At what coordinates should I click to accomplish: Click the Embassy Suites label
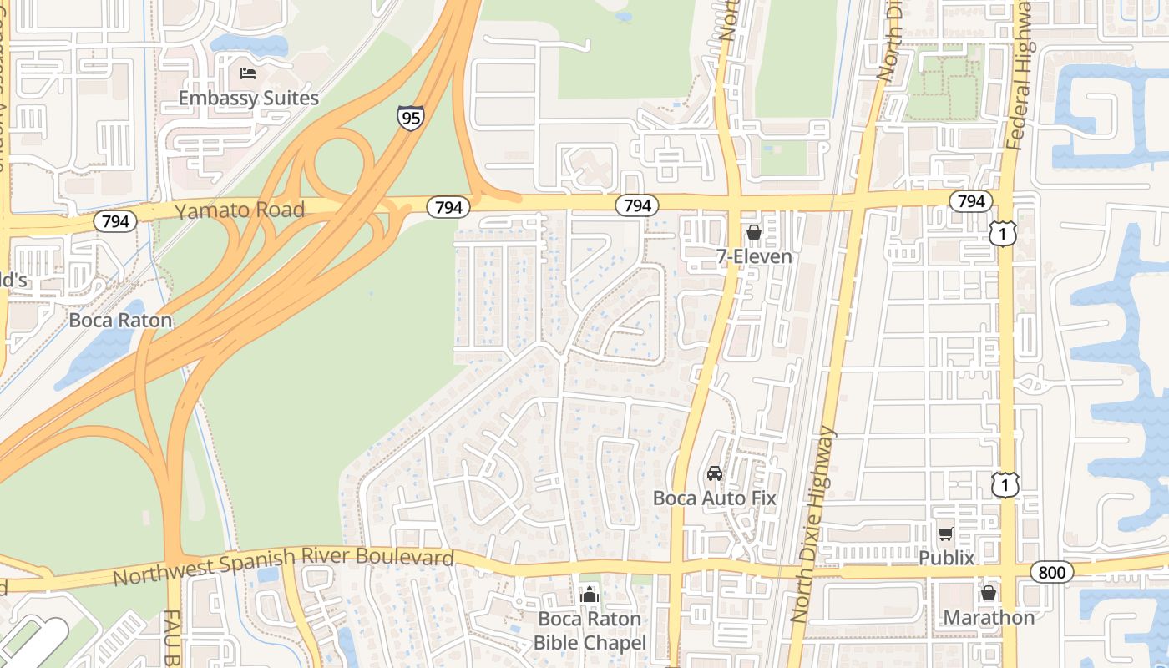[x=248, y=98]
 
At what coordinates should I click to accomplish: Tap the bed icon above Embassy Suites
[x=248, y=73]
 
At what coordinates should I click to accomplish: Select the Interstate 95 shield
[x=409, y=117]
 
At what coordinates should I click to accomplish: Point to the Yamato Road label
[x=240, y=210]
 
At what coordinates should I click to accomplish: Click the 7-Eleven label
[x=754, y=256]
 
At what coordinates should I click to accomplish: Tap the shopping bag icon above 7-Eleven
[x=754, y=232]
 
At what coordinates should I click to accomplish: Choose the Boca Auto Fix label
[x=715, y=498]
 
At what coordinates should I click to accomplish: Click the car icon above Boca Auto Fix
[x=715, y=473]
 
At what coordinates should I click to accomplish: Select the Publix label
[x=946, y=558]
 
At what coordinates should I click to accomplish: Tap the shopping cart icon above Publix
[x=945, y=534]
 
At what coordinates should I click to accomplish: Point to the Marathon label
[x=989, y=617]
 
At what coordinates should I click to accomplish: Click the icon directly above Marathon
[x=989, y=593]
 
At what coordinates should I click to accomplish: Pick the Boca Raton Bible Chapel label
[x=590, y=630]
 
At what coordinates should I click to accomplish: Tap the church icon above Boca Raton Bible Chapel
[x=590, y=595]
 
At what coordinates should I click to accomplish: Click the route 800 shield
[x=1051, y=572]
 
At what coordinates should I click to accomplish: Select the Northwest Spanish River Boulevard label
[x=283, y=567]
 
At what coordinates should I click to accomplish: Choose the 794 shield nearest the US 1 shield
[x=970, y=201]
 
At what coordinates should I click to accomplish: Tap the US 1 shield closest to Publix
[x=1005, y=483]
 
